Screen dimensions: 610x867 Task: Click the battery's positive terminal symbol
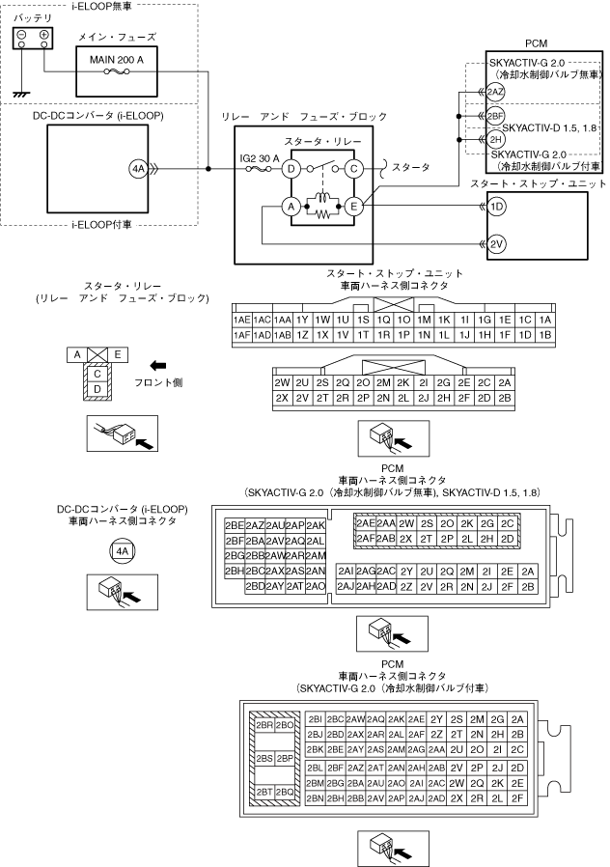43,34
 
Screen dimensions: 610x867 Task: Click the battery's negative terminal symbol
21,34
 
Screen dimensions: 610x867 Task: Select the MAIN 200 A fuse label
117,60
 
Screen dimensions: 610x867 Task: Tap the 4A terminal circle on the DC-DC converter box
138,169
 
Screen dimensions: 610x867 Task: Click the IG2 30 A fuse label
260,158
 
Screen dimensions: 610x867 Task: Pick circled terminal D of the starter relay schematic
291,169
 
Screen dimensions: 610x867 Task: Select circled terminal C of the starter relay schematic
353,169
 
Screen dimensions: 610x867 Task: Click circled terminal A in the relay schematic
291,207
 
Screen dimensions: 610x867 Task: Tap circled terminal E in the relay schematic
353,207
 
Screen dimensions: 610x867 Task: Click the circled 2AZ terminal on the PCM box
495,92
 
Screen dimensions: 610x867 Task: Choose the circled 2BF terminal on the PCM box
496,116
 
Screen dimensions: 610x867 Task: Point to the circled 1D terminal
497,207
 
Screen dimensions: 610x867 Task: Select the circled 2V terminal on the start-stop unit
497,244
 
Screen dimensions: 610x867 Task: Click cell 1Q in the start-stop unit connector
383,320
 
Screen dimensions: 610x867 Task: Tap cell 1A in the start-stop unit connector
545,320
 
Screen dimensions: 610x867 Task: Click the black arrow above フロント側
158,366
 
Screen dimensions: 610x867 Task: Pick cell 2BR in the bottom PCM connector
264,725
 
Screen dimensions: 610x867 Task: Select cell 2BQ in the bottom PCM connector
285,792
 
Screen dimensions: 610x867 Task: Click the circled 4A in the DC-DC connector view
123,551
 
